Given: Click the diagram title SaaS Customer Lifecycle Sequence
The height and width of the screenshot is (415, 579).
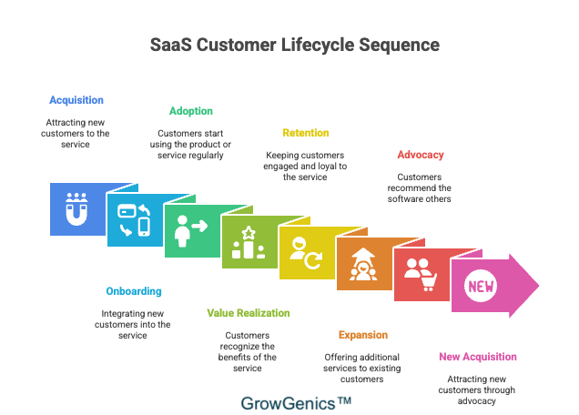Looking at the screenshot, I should tap(294, 45).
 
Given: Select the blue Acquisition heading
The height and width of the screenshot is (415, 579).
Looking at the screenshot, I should tap(76, 100).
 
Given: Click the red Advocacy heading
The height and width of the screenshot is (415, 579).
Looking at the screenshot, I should tap(420, 155).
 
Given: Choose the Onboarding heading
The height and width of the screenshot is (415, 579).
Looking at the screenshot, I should tap(134, 291).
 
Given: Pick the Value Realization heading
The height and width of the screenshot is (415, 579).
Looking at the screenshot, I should tap(249, 313).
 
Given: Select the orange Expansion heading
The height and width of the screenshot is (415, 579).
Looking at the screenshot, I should tap(363, 335).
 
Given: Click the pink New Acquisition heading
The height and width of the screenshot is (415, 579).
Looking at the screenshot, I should tap(478, 357).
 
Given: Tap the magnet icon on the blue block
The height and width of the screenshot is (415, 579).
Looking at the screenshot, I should tap(76, 209).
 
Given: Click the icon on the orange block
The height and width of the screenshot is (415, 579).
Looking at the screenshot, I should tap(363, 265).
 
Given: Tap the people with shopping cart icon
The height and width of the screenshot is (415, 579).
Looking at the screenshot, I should tap(420, 276).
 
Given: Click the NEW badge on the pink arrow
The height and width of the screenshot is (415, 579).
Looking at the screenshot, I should tap(482, 287).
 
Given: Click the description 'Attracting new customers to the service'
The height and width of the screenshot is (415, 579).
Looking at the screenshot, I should tap(76, 132).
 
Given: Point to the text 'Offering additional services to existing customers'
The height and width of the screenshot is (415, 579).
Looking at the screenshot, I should tap(363, 368).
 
